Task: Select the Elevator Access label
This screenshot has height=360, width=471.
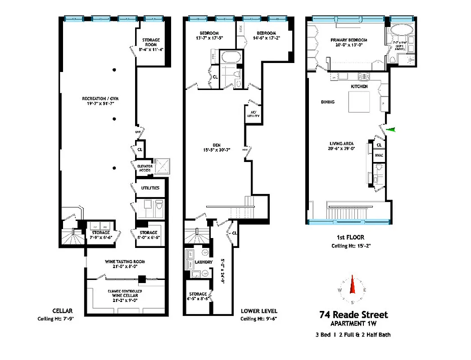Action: (x=145, y=169)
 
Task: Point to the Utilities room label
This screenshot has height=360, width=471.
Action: (x=150, y=188)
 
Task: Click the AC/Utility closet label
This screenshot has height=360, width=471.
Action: (x=253, y=114)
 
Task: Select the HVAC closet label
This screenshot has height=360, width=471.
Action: (x=379, y=155)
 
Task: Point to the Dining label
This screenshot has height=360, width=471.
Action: (x=328, y=102)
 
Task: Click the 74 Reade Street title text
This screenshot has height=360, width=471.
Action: (x=353, y=315)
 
